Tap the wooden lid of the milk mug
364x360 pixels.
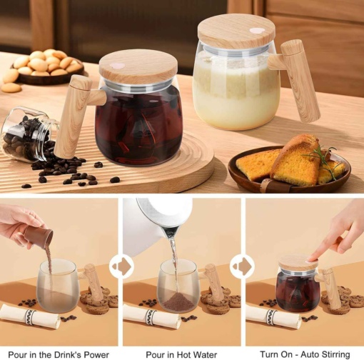point(236,31)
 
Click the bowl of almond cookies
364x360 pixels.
point(48,66)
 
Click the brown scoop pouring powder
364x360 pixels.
point(39,236)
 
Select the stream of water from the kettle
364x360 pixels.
point(173,264)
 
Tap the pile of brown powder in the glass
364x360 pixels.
point(178,301)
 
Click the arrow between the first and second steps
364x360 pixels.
point(121,266)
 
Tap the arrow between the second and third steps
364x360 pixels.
point(242,266)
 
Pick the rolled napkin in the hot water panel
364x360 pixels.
point(151,316)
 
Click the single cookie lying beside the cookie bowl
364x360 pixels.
point(11,88)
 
